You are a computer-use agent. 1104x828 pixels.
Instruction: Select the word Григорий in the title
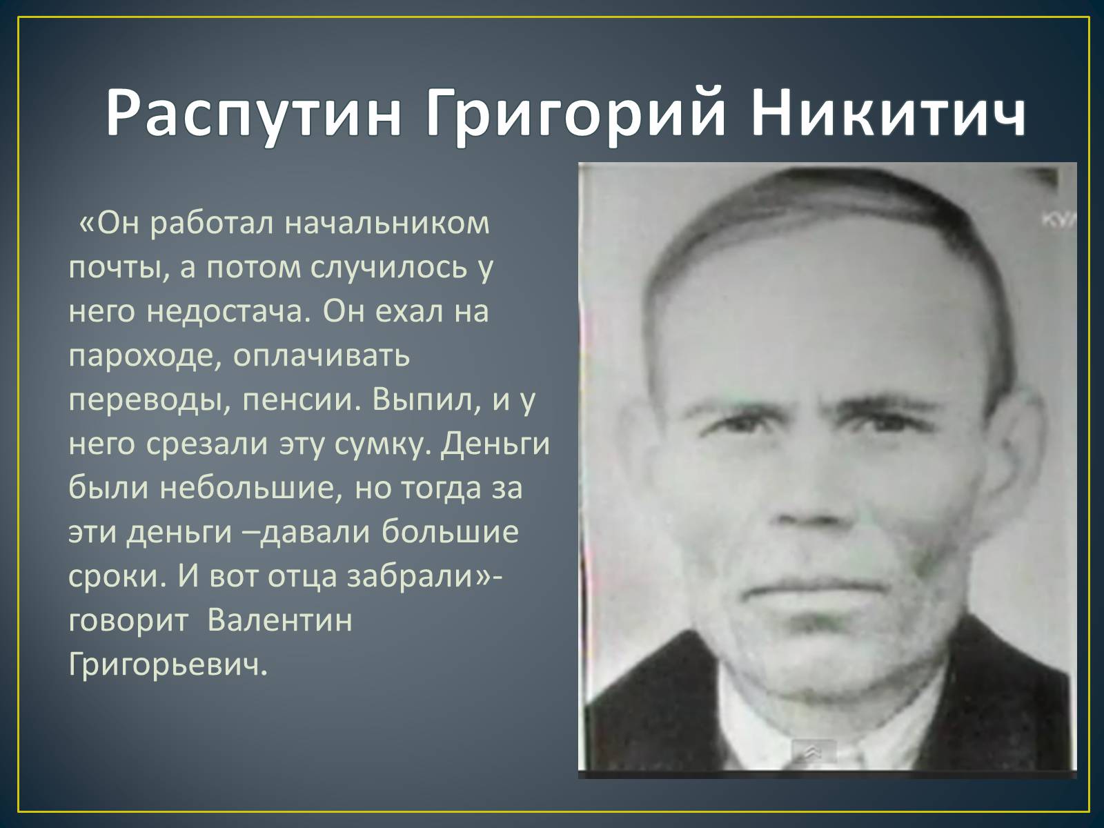(x=576, y=114)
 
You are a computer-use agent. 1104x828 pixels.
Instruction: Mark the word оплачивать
(x=322, y=357)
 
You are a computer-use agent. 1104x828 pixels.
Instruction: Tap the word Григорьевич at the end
(x=167, y=665)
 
